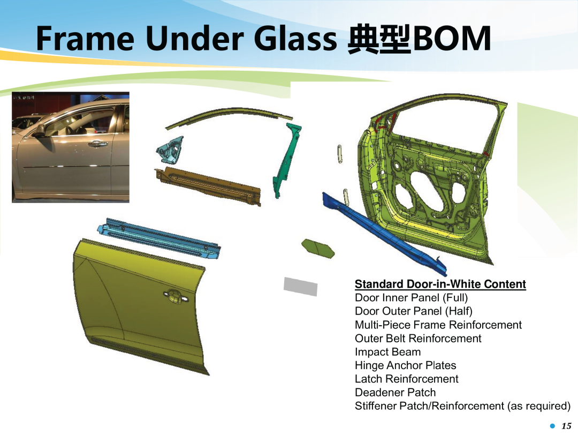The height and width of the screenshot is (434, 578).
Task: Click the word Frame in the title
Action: pyautogui.click(x=85, y=39)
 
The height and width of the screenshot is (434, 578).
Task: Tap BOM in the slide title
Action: pyautogui.click(x=451, y=39)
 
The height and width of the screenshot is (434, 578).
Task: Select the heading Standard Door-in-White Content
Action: pyautogui.click(x=440, y=284)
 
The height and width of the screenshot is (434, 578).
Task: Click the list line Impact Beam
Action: pyautogui.click(x=387, y=352)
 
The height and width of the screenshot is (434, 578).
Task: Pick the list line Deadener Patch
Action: pyautogui.click(x=395, y=392)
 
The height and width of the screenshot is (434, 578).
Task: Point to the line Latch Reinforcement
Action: pyautogui.click(x=406, y=379)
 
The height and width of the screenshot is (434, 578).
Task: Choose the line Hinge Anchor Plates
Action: pyautogui.click(x=405, y=365)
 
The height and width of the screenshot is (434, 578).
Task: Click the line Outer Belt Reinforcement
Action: pyautogui.click(x=418, y=339)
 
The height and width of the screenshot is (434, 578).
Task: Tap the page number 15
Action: pyautogui.click(x=566, y=426)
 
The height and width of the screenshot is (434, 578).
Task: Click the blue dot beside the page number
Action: pyautogui.click(x=552, y=426)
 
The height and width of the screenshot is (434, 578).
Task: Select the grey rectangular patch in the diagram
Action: pyautogui.click(x=300, y=286)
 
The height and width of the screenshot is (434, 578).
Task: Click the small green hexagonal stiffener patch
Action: pyautogui.click(x=318, y=249)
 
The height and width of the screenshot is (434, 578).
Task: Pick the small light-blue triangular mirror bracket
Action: pyautogui.click(x=170, y=149)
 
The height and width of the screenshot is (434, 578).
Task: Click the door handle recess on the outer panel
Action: pyautogui.click(x=176, y=296)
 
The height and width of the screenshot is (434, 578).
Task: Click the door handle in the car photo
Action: pyautogui.click(x=97, y=144)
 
